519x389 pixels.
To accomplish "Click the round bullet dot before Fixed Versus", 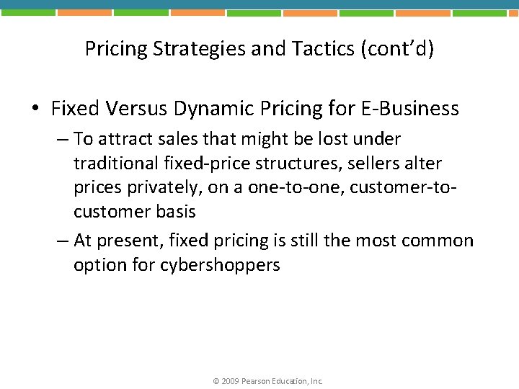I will [x=35, y=109].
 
